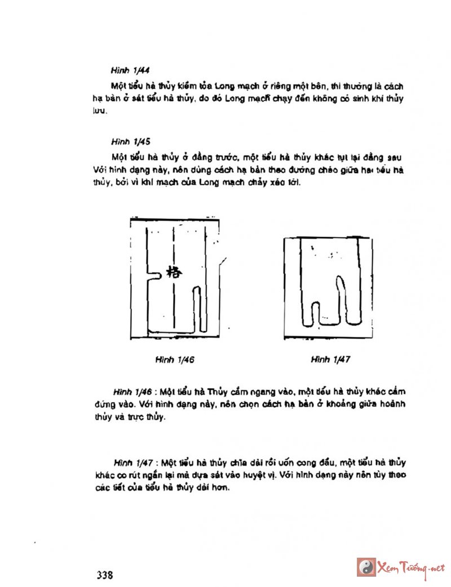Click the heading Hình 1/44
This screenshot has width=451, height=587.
[130, 71]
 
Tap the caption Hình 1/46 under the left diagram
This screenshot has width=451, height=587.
[175, 358]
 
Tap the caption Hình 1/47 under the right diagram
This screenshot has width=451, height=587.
[330, 358]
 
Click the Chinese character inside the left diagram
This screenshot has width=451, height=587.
[173, 272]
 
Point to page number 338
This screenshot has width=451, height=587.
[105, 575]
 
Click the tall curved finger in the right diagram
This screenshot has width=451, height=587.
[342, 299]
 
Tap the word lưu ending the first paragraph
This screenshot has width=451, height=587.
[100, 112]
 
